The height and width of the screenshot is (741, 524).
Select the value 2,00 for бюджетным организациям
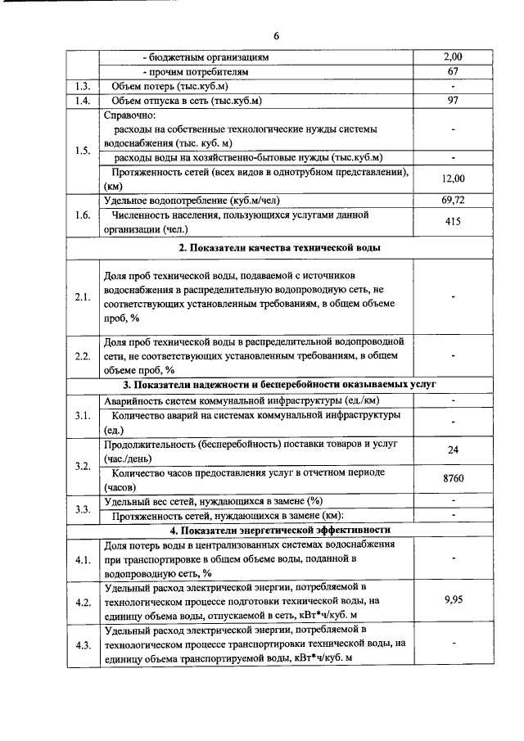click(x=453, y=57)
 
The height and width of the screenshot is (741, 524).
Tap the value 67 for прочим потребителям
click(x=453, y=71)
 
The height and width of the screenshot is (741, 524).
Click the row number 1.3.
click(x=82, y=86)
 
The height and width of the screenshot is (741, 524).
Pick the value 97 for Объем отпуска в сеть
click(x=453, y=100)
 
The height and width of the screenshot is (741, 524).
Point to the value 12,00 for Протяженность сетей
click(x=453, y=178)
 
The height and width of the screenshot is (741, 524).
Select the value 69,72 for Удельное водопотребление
click(x=453, y=200)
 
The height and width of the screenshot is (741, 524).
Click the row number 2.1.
click(x=82, y=296)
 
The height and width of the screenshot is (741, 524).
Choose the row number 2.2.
click(x=82, y=355)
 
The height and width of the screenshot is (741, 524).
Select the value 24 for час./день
click(x=453, y=450)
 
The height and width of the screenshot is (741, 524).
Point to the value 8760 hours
click(x=453, y=479)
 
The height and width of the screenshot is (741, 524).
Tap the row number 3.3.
click(x=82, y=508)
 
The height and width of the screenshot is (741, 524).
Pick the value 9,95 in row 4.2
click(x=453, y=600)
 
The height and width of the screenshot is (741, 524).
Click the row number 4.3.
click(x=82, y=644)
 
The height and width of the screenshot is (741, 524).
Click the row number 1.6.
click(x=82, y=215)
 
